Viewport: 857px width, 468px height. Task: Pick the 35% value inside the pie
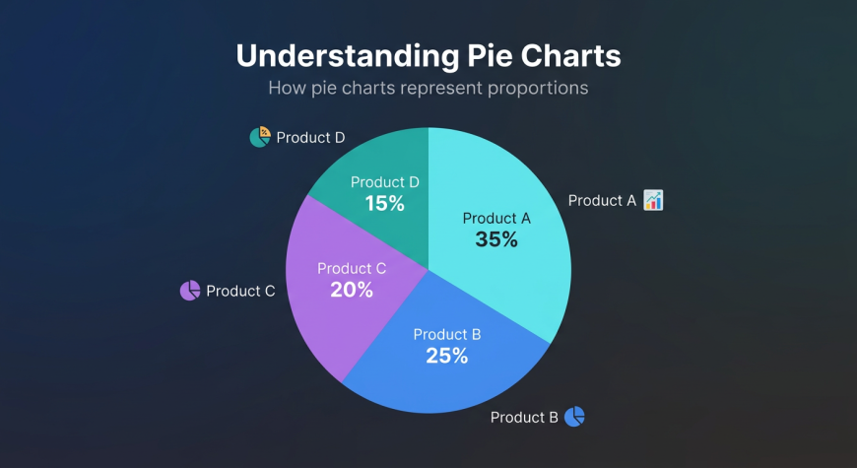pyautogui.click(x=496, y=239)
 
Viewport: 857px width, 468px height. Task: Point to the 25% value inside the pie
pyautogui.click(x=447, y=356)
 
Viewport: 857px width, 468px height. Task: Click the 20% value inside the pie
pyautogui.click(x=352, y=290)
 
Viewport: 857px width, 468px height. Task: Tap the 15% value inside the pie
pyautogui.click(x=385, y=204)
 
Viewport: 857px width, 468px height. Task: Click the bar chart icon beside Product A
pyautogui.click(x=653, y=200)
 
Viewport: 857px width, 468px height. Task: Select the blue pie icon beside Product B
pyautogui.click(x=575, y=417)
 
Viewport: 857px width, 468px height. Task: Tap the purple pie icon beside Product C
pyautogui.click(x=190, y=291)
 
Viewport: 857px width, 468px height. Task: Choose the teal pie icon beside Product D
pyautogui.click(x=260, y=137)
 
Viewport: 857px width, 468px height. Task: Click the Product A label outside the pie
pyautogui.click(x=602, y=201)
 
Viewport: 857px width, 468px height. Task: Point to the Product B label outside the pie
pyautogui.click(x=524, y=417)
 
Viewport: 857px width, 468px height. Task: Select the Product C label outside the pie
pyautogui.click(x=240, y=291)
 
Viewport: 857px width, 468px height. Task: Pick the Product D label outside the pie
pyautogui.click(x=310, y=137)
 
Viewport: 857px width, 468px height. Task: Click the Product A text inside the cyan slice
pyautogui.click(x=496, y=218)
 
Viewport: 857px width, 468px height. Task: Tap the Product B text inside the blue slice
pyautogui.click(x=447, y=335)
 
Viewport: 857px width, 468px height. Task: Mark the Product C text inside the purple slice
pyautogui.click(x=352, y=268)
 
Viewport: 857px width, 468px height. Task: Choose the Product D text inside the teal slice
pyautogui.click(x=385, y=182)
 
